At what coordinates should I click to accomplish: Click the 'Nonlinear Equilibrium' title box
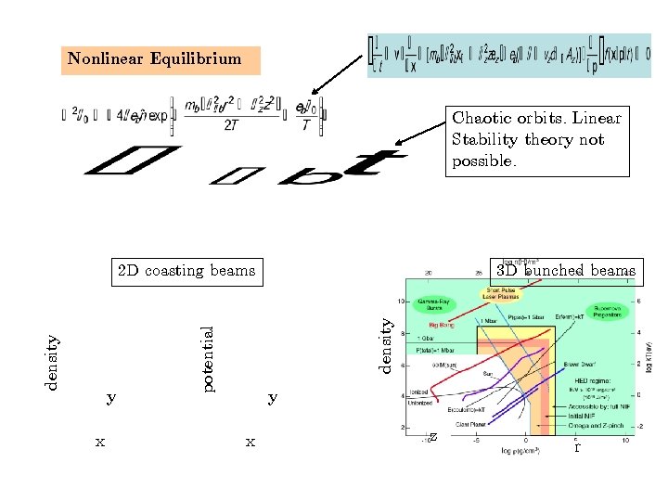tap(154, 59)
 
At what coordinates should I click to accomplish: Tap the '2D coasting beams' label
tap(186, 271)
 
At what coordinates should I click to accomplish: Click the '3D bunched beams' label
tap(566, 271)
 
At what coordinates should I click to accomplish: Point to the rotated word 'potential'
tap(210, 357)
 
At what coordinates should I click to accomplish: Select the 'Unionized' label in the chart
tap(421, 403)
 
